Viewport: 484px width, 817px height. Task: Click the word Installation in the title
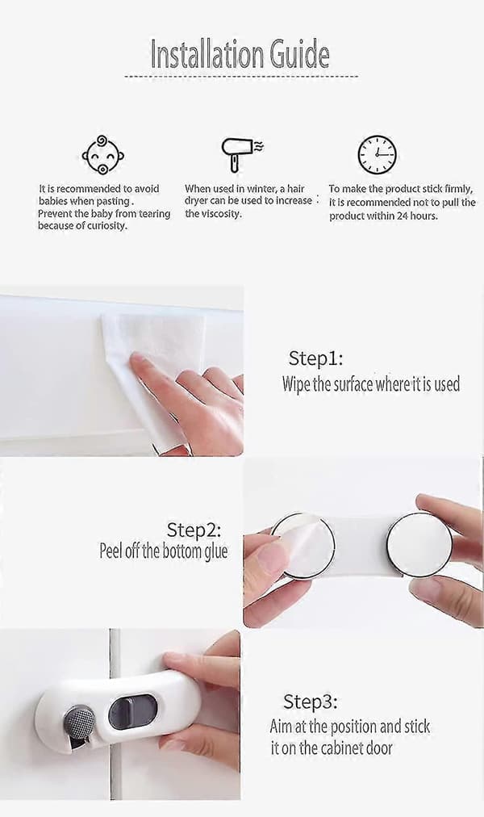pyautogui.click(x=207, y=54)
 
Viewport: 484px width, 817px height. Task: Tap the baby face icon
pyautogui.click(x=102, y=155)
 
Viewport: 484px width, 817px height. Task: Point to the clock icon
pyautogui.click(x=377, y=155)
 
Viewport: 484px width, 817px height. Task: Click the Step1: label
pyautogui.click(x=315, y=358)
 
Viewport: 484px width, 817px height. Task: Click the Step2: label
pyautogui.click(x=194, y=530)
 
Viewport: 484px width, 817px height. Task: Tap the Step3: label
pyautogui.click(x=311, y=702)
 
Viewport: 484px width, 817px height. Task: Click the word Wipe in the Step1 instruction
pyautogui.click(x=296, y=384)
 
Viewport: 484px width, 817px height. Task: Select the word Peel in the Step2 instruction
pyautogui.click(x=111, y=551)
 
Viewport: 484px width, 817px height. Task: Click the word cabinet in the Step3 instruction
pyautogui.click(x=342, y=748)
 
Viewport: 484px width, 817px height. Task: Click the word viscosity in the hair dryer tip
pyautogui.click(x=221, y=214)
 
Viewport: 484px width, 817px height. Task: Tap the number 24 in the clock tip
pyautogui.click(x=403, y=216)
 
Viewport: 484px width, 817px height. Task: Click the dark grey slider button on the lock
pyautogui.click(x=133, y=712)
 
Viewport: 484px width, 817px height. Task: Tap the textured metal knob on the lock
pyautogui.click(x=79, y=723)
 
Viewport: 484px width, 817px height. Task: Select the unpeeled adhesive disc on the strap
pyautogui.click(x=419, y=544)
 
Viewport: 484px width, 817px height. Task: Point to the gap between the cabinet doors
pyautogui.click(x=115, y=714)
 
